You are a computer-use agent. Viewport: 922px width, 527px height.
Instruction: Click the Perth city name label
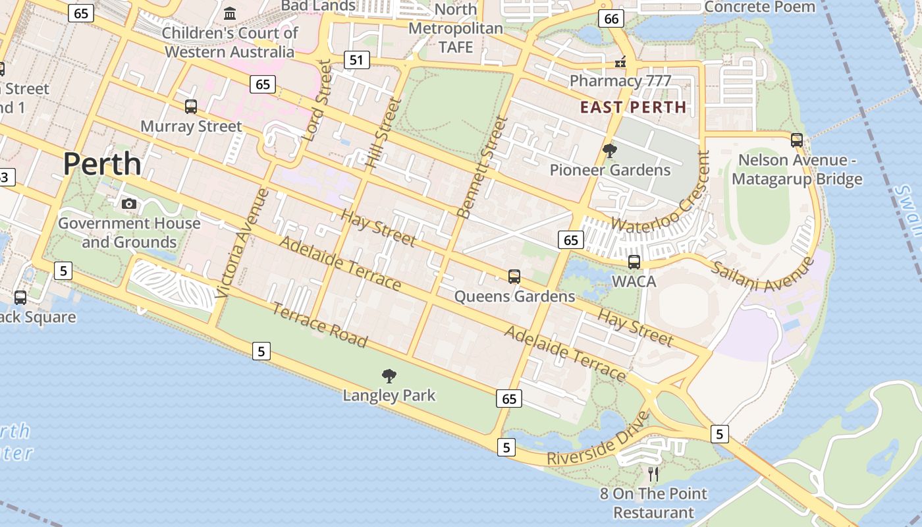pos(102,163)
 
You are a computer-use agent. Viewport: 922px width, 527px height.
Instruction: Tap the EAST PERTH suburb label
pos(633,107)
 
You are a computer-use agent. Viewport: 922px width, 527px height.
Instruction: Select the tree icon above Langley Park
pos(389,376)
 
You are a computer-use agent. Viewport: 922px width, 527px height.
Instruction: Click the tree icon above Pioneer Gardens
pos(610,151)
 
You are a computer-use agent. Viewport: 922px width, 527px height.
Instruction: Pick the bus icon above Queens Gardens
pos(514,277)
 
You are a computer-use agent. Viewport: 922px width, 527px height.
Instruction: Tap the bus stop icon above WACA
pos(634,262)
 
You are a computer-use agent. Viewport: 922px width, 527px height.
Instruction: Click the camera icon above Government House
pos(129,204)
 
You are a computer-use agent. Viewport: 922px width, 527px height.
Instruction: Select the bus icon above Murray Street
pos(191,106)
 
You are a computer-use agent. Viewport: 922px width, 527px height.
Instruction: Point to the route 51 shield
pos(356,61)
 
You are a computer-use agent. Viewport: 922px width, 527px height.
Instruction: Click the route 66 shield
pos(611,18)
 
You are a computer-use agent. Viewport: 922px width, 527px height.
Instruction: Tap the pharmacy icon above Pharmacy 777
pos(620,63)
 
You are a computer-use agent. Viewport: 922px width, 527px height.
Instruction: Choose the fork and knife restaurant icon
pos(653,473)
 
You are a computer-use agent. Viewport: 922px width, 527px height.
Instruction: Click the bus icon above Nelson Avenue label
pos(797,140)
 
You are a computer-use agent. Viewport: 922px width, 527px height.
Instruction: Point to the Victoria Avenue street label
pos(242,242)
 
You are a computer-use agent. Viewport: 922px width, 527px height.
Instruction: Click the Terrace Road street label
pos(319,325)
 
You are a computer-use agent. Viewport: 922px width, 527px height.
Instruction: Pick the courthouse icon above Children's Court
pos(230,13)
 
